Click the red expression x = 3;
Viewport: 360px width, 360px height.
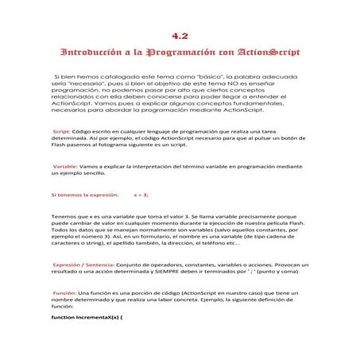pyautogui.click(x=141, y=194)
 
